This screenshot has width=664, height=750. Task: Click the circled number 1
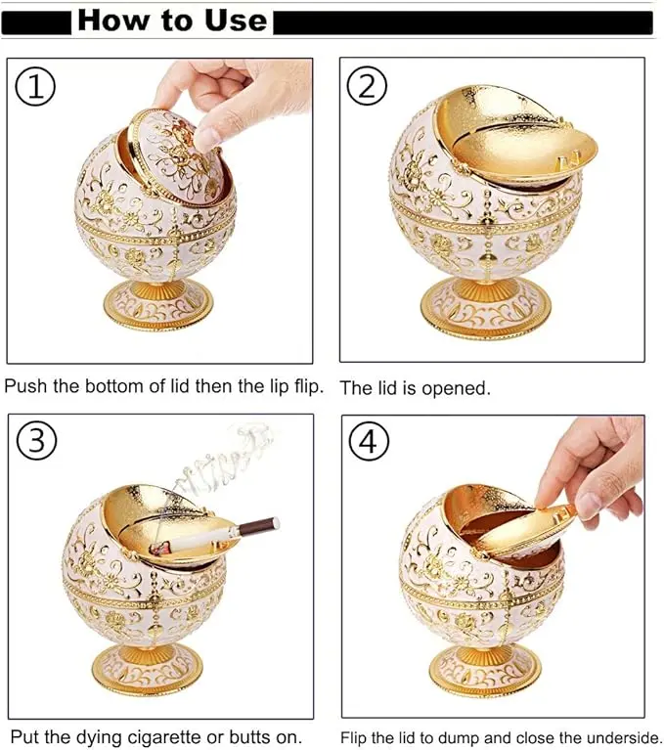(36, 87)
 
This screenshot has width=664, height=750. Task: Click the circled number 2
(367, 86)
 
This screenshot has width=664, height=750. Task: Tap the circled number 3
(37, 440)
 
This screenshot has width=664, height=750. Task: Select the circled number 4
(369, 441)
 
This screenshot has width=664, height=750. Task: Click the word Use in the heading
(236, 21)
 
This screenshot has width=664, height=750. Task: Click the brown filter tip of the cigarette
(259, 527)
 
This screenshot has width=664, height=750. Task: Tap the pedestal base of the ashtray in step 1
(157, 305)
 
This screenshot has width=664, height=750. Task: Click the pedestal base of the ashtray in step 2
(486, 305)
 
